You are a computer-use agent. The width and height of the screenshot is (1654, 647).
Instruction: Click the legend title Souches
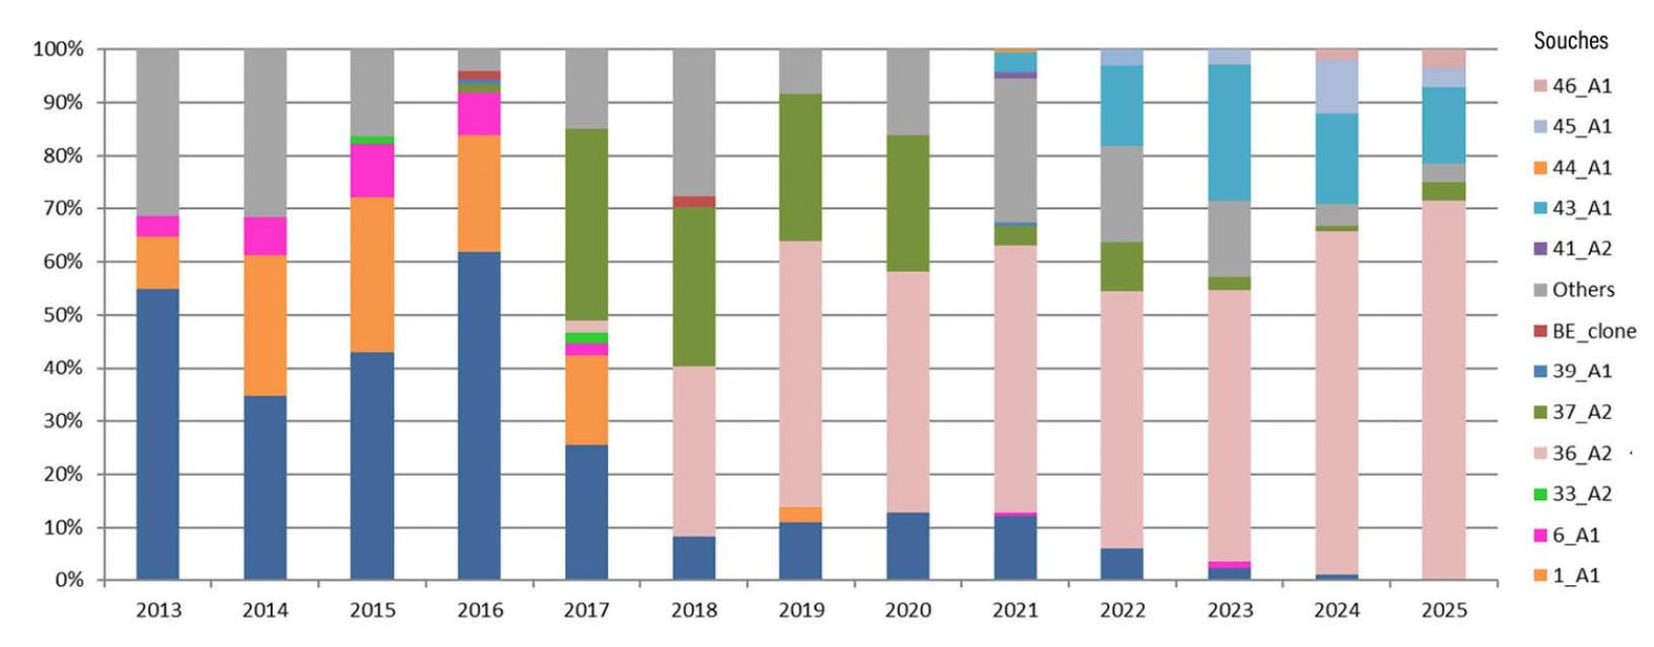[1570, 41]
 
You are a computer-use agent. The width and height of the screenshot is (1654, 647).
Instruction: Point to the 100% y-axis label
[58, 49]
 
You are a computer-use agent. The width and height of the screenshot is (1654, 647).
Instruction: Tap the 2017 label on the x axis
[586, 610]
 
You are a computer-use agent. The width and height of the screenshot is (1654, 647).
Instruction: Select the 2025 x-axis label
[1443, 610]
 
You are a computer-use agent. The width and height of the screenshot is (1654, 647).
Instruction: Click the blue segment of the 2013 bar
[158, 434]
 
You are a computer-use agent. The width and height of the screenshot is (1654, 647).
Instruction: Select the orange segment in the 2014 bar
[265, 325]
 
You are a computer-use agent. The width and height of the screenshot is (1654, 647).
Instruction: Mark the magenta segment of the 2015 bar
[373, 171]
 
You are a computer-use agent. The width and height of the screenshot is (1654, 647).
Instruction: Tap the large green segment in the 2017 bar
[586, 224]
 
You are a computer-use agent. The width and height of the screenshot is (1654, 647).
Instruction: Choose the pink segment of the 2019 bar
[800, 373]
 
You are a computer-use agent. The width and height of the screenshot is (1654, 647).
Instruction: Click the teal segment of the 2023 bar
[1229, 132]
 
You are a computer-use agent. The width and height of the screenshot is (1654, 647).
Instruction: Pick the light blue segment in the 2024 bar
[1337, 87]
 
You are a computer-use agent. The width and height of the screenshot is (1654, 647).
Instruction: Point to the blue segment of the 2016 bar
[479, 416]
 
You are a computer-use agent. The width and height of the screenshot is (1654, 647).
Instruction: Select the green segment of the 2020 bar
[908, 203]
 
